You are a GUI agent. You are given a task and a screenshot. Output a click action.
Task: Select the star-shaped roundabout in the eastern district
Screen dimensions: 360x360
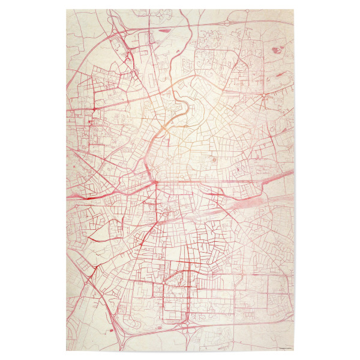pos(263,95)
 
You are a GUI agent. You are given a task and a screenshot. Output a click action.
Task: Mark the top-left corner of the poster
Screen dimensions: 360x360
pos(66,10)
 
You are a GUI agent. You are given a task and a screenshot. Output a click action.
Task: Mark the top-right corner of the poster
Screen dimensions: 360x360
pos(294,10)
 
